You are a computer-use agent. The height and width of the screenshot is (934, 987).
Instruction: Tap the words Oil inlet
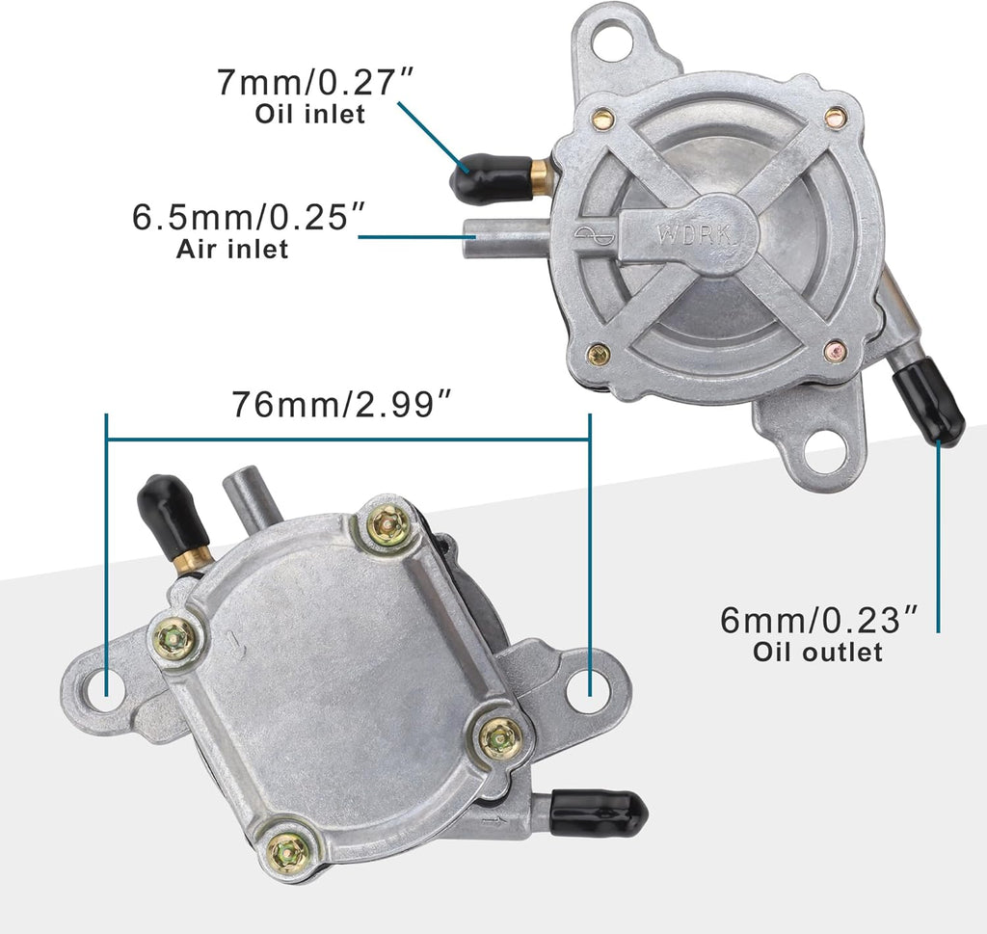(x=309, y=114)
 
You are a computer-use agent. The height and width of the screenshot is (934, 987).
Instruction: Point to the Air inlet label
(x=232, y=249)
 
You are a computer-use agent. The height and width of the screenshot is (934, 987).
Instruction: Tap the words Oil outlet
(x=817, y=652)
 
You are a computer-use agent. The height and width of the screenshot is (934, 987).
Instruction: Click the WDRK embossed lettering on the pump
(x=686, y=233)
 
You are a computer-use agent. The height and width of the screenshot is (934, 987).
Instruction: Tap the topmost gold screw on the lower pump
(x=388, y=524)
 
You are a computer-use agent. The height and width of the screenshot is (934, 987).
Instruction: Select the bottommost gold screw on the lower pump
(x=287, y=850)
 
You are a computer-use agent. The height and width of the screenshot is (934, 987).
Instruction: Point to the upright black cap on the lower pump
(x=172, y=516)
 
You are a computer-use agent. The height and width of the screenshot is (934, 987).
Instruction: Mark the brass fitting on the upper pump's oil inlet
(x=540, y=177)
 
